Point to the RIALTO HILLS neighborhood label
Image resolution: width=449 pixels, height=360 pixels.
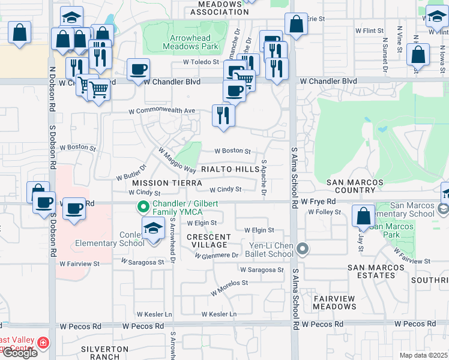[x=231, y=170]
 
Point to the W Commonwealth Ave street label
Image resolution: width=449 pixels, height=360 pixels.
[x=163, y=111]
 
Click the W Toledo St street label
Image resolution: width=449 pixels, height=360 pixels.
[x=202, y=62]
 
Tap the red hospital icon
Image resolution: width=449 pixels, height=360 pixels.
[x=43, y=343]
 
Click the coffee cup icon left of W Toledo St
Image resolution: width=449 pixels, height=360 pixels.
[x=139, y=69]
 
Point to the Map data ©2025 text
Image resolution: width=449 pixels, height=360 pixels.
[x=423, y=355]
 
